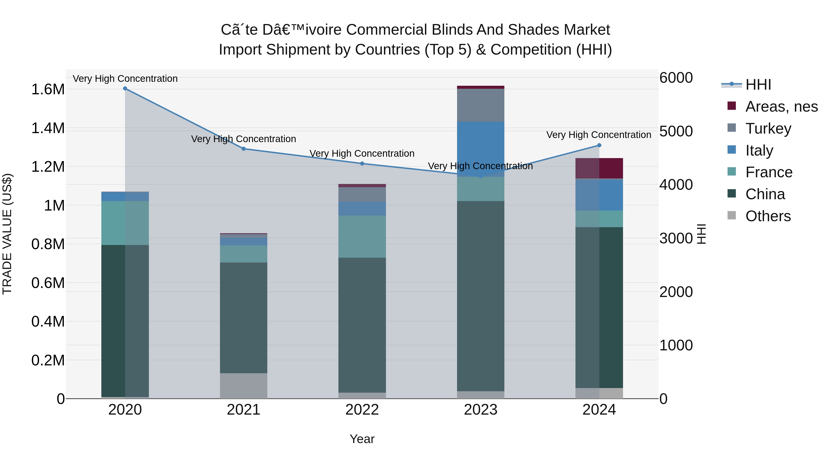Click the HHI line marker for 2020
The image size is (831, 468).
coord(125,89)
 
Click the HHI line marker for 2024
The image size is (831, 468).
coord(599,145)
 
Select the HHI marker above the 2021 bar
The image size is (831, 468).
coord(244,149)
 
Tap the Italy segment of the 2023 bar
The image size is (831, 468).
coord(480,149)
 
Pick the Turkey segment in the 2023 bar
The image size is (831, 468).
coord(480,105)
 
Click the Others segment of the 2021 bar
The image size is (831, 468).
coord(244,386)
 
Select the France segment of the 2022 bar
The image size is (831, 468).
coord(362,236)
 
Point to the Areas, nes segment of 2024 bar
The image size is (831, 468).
coord(599,168)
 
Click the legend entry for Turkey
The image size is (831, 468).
coord(768,128)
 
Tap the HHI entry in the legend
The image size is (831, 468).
coord(758,85)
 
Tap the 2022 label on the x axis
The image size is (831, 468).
coord(362,410)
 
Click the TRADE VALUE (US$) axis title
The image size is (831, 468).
coord(7,234)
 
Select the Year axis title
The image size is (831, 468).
coord(362,439)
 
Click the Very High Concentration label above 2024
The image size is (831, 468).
coord(598,135)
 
